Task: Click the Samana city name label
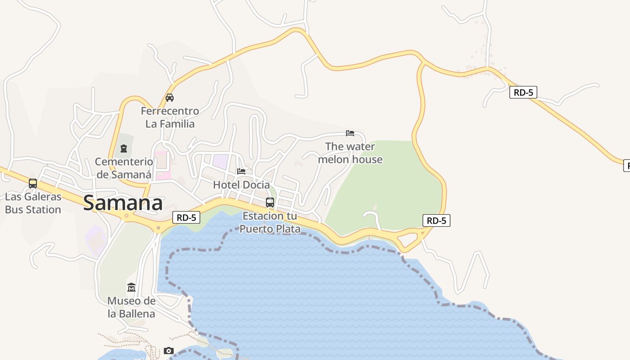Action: coord(123,203)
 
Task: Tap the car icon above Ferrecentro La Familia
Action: coord(170,97)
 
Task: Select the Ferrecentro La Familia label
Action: coord(170,117)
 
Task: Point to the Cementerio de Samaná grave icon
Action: coord(124,148)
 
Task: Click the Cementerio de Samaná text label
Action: coord(124,168)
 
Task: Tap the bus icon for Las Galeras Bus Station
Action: coord(33,184)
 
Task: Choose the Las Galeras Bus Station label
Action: coord(33,203)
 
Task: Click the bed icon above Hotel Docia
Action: coord(241,171)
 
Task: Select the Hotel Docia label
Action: coord(241,184)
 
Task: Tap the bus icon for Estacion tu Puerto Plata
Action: coord(270,202)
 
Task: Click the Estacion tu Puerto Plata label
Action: coord(270,222)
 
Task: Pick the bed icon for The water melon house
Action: coord(350,133)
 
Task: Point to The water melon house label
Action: coord(350,153)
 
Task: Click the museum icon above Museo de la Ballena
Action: coord(131,287)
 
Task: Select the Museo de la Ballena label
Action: coord(131,307)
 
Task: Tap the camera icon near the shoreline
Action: coord(169,351)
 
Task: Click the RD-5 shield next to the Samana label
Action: coord(186,218)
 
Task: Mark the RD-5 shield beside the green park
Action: coord(436,220)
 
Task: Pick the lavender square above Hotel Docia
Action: coord(220,162)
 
